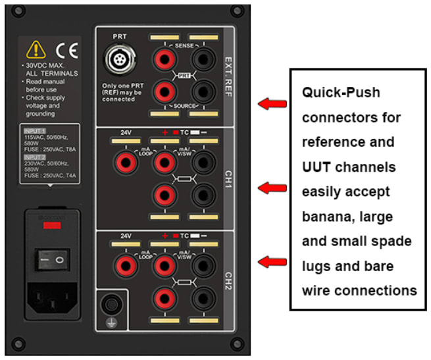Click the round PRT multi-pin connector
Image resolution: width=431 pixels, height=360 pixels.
[119, 60]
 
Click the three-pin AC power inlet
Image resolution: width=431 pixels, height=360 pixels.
[53, 302]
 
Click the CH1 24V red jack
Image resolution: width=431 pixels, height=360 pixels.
[123, 162]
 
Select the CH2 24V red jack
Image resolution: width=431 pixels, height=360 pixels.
[123, 266]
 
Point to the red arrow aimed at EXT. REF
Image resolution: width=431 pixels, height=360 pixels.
[272, 103]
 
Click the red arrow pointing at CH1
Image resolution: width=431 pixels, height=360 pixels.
[272, 188]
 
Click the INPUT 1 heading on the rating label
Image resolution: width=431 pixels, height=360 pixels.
[34, 130]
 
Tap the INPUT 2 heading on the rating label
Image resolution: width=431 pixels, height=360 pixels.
[34, 157]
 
